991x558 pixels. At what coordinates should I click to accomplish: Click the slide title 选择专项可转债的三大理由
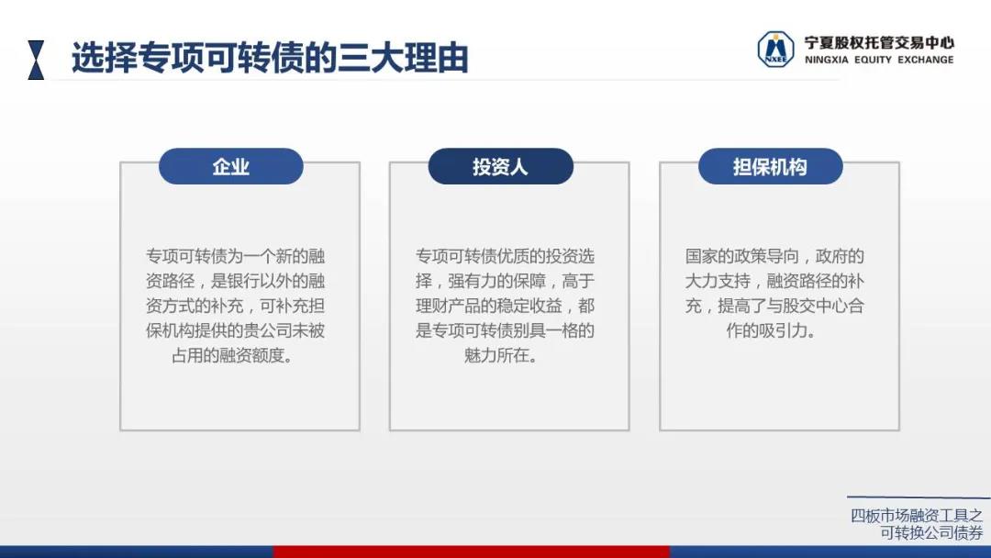[x=270, y=58]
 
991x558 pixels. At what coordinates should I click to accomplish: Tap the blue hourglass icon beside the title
[x=36, y=60]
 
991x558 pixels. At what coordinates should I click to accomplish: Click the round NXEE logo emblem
[x=775, y=50]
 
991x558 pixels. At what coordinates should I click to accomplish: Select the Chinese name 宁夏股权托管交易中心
[x=879, y=43]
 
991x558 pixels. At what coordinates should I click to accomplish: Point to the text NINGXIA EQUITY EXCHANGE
[x=879, y=60]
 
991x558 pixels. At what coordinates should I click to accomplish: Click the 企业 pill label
[x=230, y=167]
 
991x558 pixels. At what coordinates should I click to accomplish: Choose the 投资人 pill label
[x=501, y=167]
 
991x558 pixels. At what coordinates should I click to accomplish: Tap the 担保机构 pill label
[x=770, y=167]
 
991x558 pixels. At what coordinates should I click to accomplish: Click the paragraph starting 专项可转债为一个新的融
[x=235, y=306]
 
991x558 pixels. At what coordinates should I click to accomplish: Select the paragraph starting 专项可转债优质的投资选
[x=505, y=306]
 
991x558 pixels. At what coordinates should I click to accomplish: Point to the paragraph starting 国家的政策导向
[x=774, y=293]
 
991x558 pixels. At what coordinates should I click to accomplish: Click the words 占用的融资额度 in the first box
[x=227, y=355]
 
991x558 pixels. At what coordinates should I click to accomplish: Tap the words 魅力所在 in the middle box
[x=496, y=355]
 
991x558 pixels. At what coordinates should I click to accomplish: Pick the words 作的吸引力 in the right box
[x=766, y=330]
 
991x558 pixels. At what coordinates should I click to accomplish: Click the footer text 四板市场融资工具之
[x=917, y=516]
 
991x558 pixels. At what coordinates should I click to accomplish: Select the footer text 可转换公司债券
[x=931, y=533]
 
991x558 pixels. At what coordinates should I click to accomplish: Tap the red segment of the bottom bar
[x=472, y=552]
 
